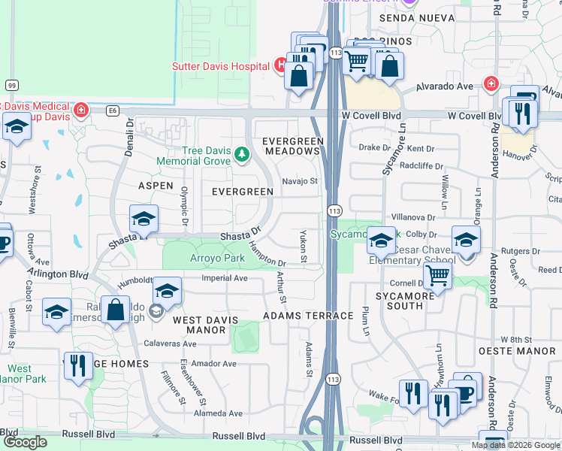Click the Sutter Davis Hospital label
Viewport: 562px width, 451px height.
221,65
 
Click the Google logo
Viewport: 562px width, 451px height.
26,442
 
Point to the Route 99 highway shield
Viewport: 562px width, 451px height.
11,84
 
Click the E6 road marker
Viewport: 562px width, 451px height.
113,111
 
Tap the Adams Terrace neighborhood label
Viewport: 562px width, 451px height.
308,316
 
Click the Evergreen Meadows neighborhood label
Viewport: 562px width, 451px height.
292,146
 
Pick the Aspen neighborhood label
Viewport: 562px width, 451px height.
156,185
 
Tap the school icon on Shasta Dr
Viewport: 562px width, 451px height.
143,219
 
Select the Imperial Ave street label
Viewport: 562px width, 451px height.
225,278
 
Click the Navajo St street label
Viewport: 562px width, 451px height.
300,181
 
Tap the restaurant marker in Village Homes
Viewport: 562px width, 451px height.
77,366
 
